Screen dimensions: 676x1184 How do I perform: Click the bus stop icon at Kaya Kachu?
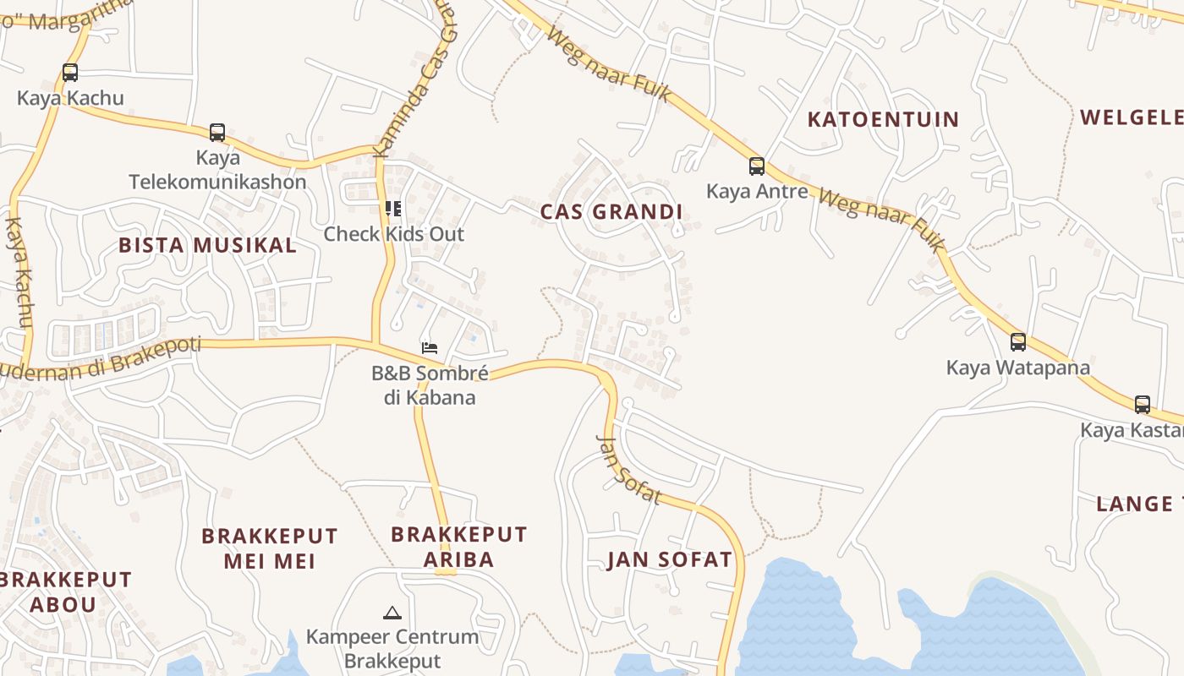point(70,73)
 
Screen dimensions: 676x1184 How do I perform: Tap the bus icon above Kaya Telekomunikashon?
point(217,133)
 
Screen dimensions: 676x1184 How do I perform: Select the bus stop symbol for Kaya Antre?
point(757,166)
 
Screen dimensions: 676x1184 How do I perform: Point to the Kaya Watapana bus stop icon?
point(1018,342)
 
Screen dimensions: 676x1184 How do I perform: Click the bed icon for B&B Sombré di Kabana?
point(430,347)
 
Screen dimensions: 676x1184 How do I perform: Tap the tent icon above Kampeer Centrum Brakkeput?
point(392,613)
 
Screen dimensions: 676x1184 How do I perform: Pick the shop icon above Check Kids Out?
point(393,208)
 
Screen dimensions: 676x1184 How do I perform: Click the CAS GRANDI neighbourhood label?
point(611,212)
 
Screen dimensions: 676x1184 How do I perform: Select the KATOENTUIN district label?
point(883,119)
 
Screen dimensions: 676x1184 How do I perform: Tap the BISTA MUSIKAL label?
point(207,246)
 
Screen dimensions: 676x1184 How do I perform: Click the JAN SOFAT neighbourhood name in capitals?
point(670,559)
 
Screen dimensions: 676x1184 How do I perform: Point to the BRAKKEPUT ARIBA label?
point(459,547)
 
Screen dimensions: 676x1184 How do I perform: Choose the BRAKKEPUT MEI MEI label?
point(270,548)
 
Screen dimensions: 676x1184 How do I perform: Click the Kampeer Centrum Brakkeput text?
point(392,649)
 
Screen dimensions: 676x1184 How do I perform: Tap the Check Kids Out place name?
point(394,234)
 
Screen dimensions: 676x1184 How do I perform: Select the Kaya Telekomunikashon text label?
point(217,170)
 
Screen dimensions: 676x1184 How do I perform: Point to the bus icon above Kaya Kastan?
point(1143,405)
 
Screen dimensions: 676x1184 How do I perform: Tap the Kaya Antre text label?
point(757,192)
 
